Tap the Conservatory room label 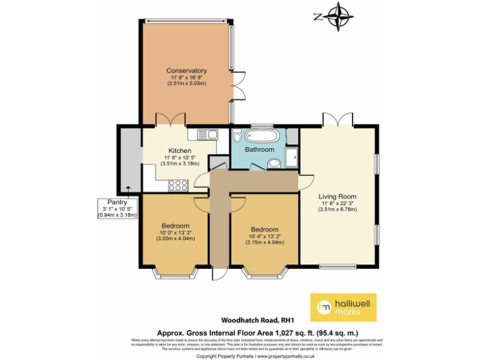pos(186,71)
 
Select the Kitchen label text pos(179,151)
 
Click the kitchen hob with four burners pos(179,184)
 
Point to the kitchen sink pos(206,133)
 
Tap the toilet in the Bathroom pos(274,163)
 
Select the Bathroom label pos(259,150)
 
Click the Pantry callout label pos(117,202)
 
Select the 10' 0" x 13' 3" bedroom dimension pos(175,232)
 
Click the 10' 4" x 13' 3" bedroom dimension pos(263,236)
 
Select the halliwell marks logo pos(343,306)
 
